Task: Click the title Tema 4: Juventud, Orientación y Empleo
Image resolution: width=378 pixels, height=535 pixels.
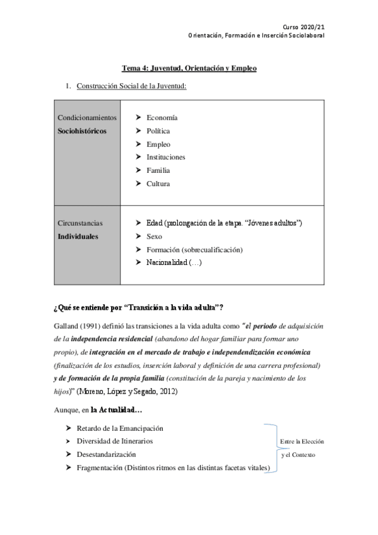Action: click(x=189, y=68)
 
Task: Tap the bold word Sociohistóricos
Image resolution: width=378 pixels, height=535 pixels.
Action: click(x=82, y=131)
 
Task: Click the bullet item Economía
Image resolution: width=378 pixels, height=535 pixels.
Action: click(x=162, y=117)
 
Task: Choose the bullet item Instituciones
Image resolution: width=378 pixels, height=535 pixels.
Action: click(x=165, y=157)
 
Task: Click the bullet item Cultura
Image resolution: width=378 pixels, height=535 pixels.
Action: click(x=158, y=184)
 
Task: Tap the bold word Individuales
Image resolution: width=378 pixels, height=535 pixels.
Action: click(x=78, y=237)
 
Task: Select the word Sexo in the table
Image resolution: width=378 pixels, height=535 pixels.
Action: click(x=154, y=236)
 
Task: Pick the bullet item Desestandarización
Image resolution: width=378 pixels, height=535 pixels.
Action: click(x=105, y=454)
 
